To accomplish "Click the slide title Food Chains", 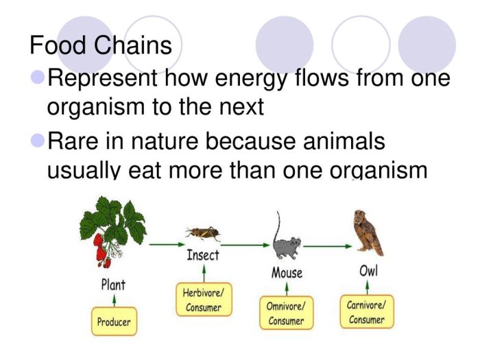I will point(101,45).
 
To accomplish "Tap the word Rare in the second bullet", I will point(74,142).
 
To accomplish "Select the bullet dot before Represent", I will point(37,77).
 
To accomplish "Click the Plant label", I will point(113,284).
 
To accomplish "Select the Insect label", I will point(203,255).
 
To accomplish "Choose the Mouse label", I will point(287,274).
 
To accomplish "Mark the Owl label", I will point(368,271).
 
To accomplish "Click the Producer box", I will point(114,320).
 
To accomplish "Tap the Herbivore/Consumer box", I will point(203,300).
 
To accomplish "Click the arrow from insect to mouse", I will point(245,244).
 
